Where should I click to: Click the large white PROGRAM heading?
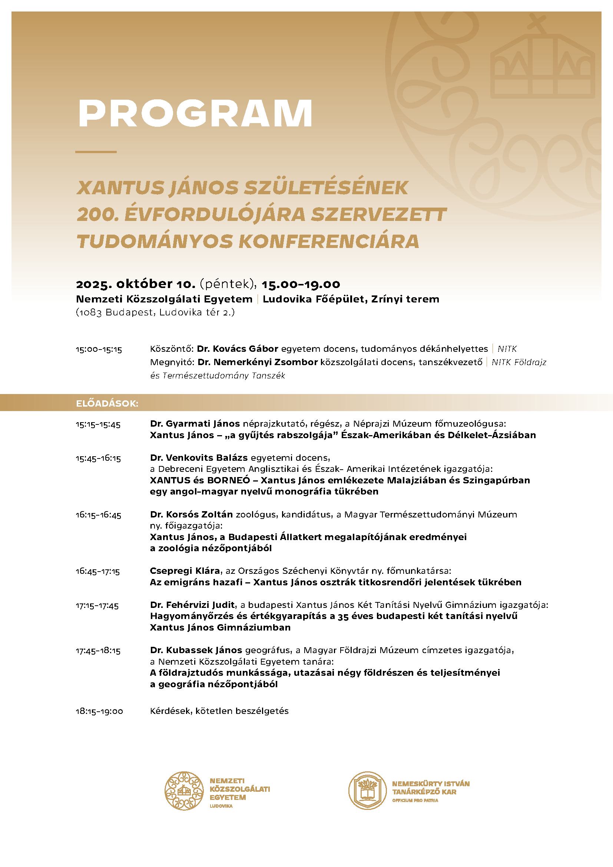coord(195,113)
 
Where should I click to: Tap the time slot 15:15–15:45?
coord(98,425)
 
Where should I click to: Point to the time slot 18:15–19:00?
coord(99,711)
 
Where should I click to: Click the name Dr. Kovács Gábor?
coord(238,348)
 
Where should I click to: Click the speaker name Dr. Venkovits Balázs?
coord(199,458)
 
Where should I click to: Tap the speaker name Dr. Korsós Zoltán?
coord(192,514)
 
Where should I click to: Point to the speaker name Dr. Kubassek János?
coord(196,650)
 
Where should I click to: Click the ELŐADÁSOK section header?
coord(107,404)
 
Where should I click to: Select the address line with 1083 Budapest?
coord(155,313)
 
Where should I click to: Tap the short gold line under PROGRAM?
coord(96,152)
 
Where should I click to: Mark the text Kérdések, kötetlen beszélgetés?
coord(219,711)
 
